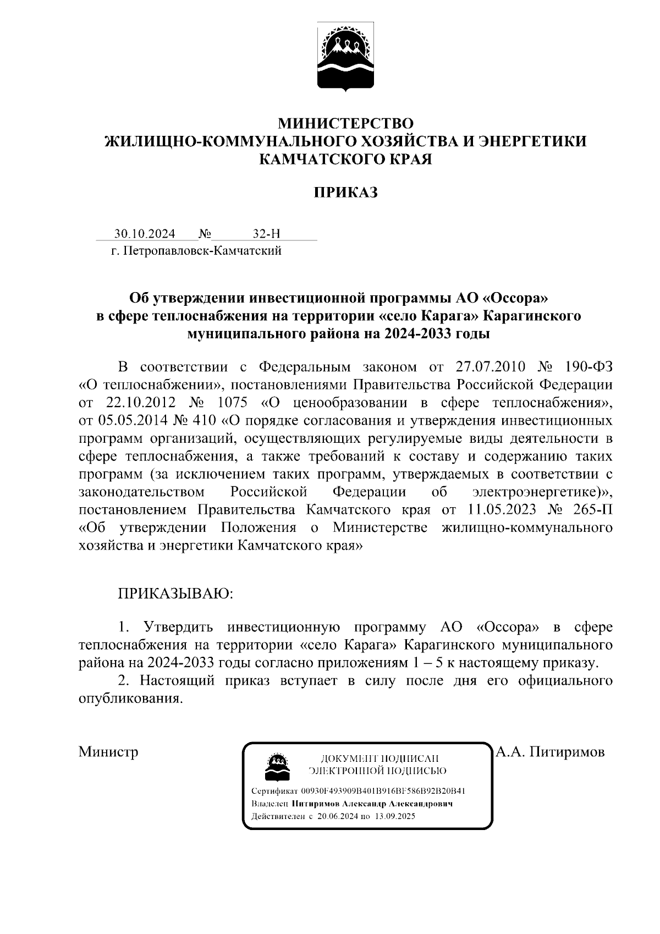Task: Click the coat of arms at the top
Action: (345, 57)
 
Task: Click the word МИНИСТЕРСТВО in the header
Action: (345, 122)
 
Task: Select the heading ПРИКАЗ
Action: (345, 193)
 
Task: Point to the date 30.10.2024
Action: (145, 234)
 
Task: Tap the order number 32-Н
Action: (266, 234)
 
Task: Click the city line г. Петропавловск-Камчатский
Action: (196, 251)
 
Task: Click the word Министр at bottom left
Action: (108, 752)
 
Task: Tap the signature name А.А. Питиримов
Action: (551, 752)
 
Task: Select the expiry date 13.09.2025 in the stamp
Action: (395, 817)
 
